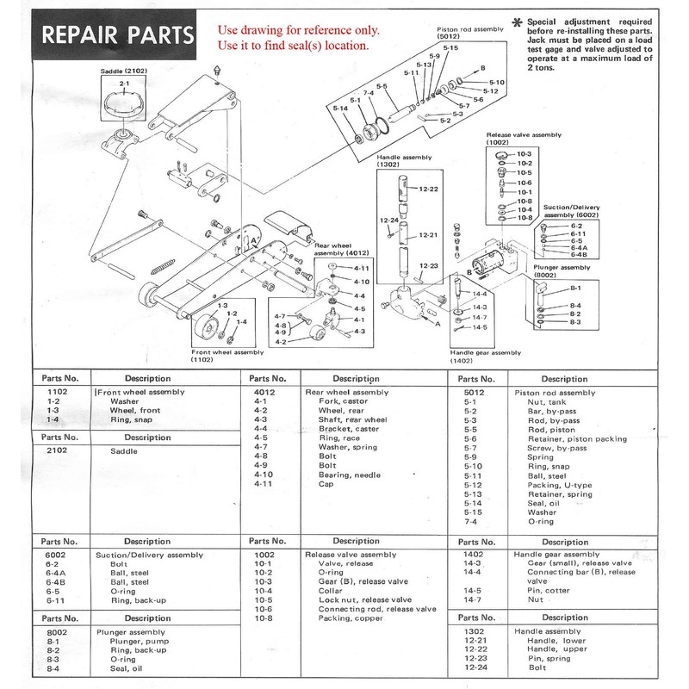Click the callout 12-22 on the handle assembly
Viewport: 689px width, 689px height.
[x=429, y=188]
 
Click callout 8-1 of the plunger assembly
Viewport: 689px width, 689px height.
[x=551, y=288]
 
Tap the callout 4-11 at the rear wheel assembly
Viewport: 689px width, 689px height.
[x=361, y=269]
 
